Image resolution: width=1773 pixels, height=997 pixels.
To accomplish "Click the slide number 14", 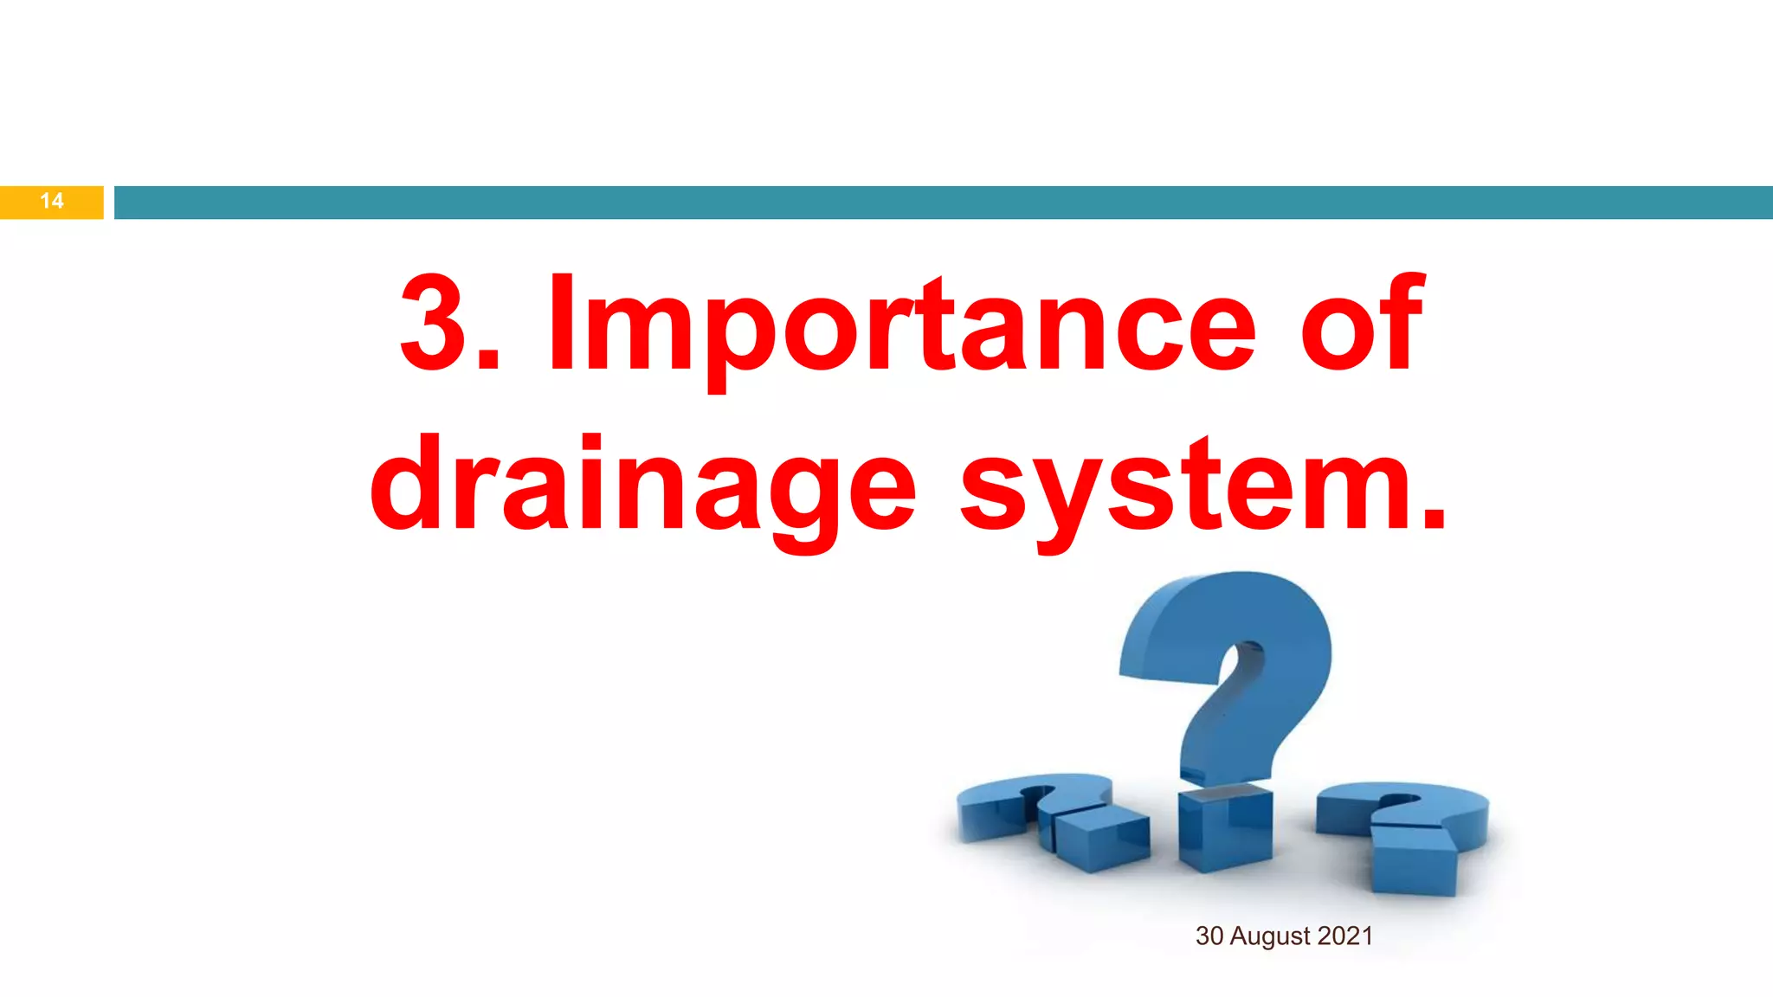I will click(x=52, y=201).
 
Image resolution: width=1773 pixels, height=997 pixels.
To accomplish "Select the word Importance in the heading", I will click(x=901, y=325).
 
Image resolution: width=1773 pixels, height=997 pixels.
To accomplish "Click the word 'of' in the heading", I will click(x=1362, y=324).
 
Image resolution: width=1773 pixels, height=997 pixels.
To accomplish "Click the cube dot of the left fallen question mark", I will click(x=1101, y=835).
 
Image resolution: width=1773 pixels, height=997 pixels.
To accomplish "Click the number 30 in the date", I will click(x=1209, y=936).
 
